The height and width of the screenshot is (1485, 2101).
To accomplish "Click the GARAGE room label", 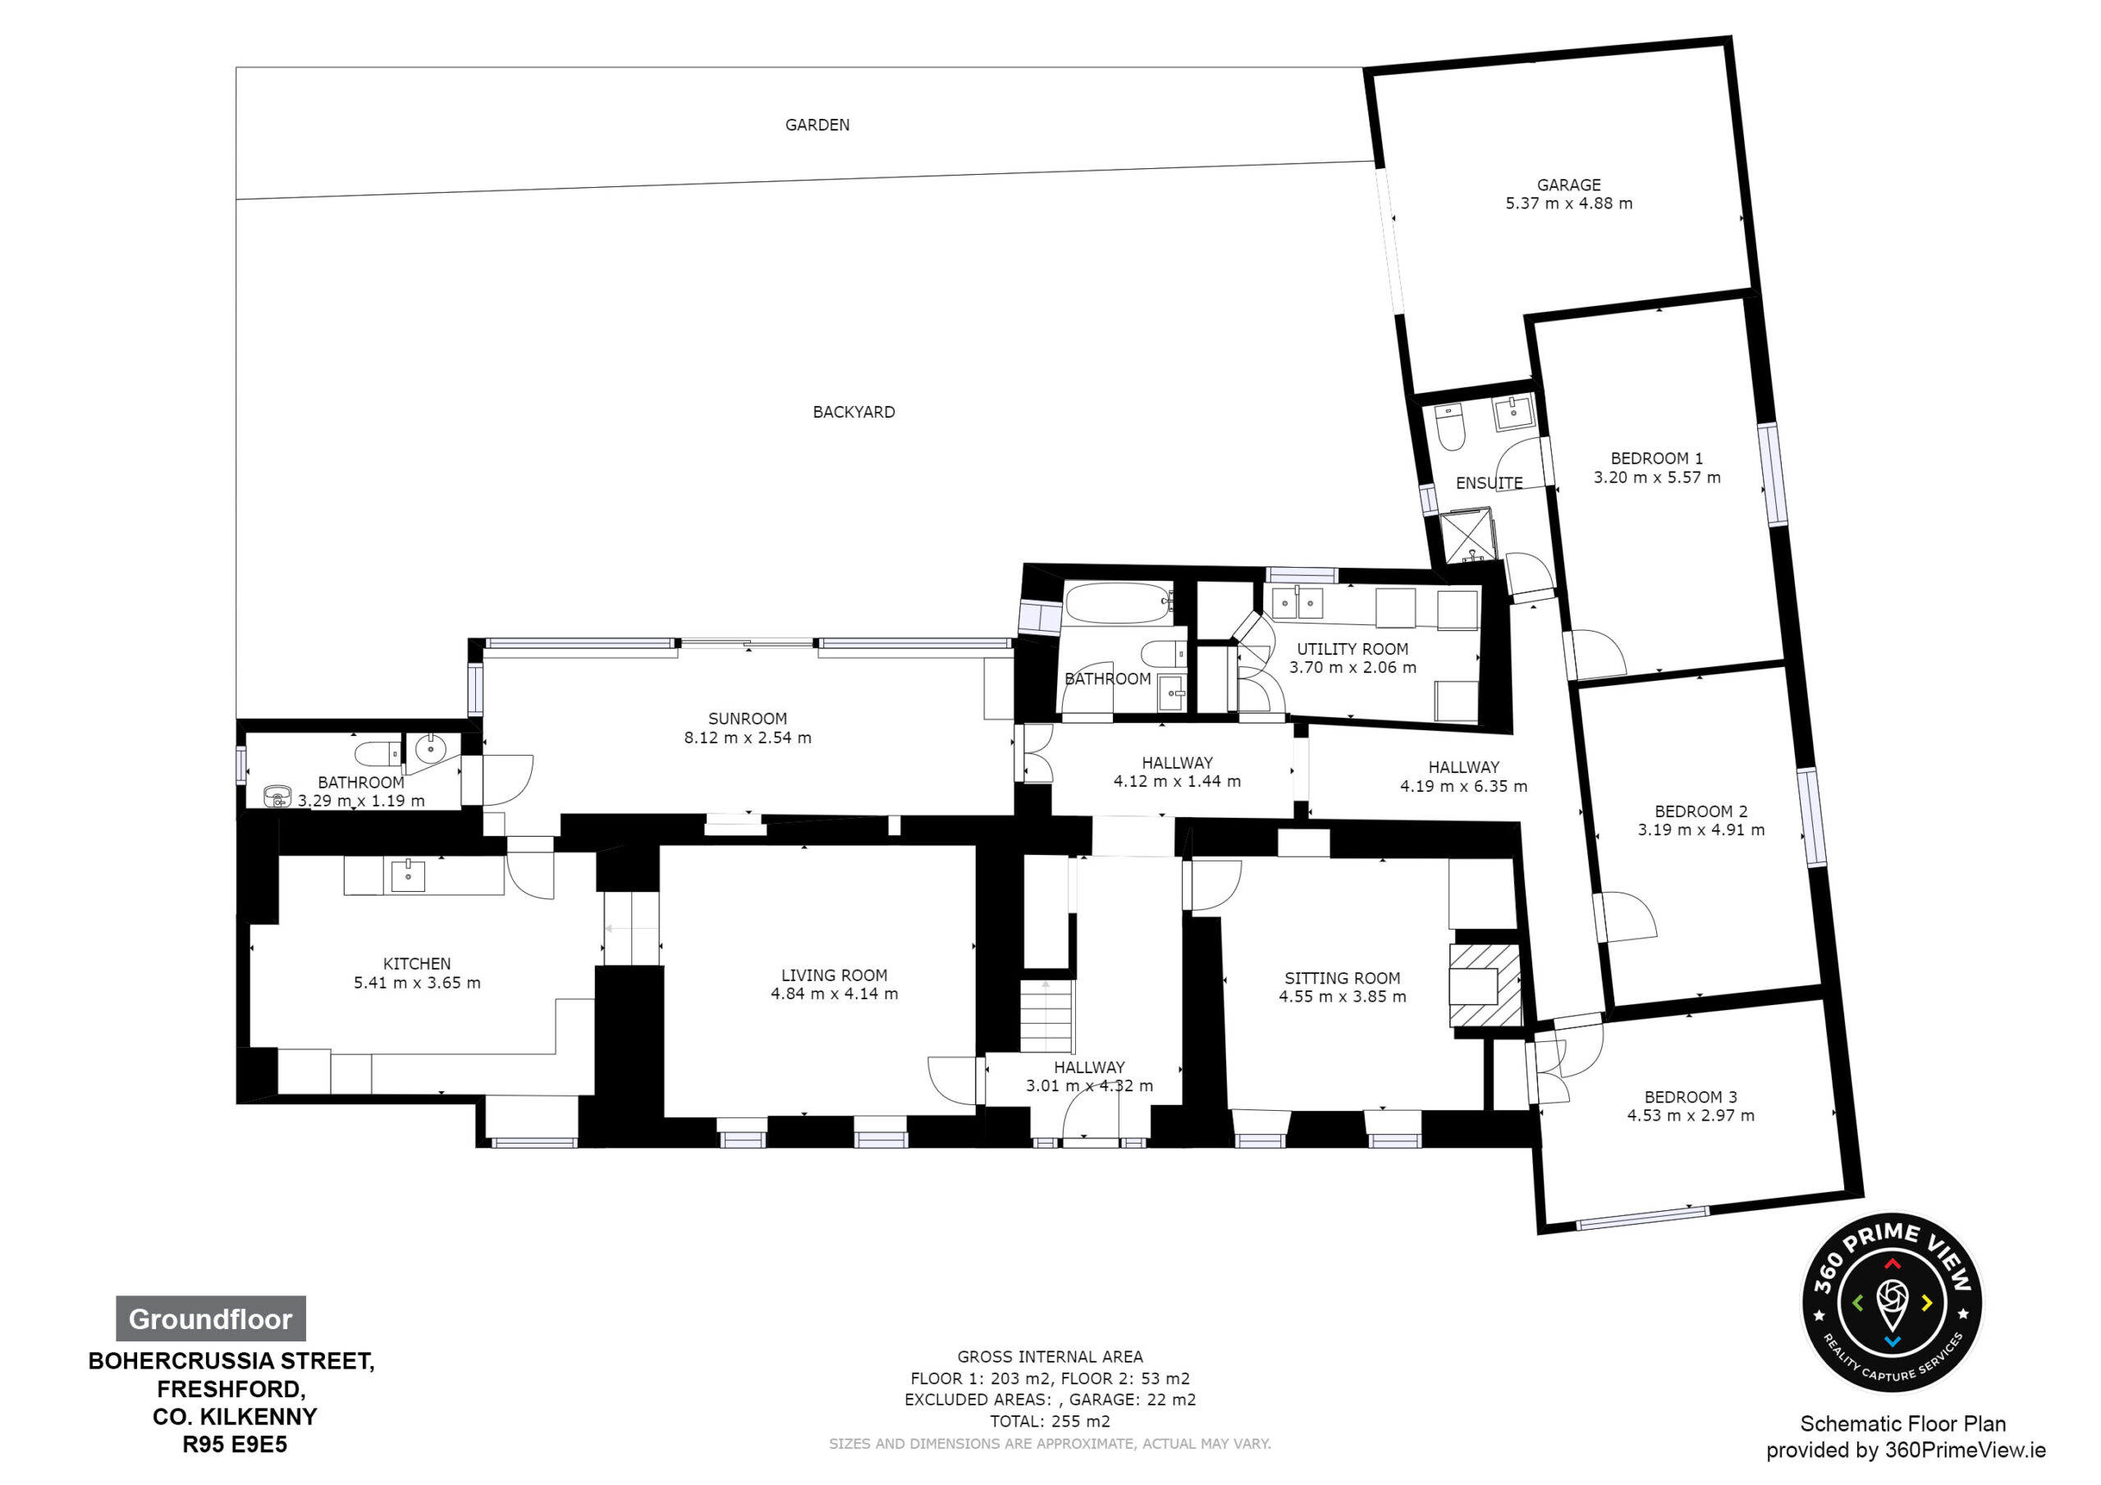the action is [x=1568, y=185].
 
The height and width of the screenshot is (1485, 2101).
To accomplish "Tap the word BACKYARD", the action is [x=854, y=412].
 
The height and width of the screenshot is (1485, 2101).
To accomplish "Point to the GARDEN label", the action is [x=817, y=125].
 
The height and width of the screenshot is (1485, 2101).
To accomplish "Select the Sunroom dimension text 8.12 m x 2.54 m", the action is [x=748, y=738].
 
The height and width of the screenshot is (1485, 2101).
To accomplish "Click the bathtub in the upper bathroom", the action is [x=1119, y=603].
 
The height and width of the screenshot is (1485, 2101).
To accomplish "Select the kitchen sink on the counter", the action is [x=408, y=875].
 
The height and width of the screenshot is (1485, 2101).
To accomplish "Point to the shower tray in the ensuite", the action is [x=1467, y=537].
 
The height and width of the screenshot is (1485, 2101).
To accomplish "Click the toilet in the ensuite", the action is [x=1449, y=427].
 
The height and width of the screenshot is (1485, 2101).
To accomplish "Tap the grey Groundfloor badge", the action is [x=210, y=1318].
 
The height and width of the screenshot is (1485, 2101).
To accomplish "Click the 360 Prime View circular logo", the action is [x=1892, y=1303].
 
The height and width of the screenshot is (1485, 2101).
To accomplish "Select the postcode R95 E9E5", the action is [x=236, y=1445].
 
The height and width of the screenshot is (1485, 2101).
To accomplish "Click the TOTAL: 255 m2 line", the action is [x=1050, y=1421].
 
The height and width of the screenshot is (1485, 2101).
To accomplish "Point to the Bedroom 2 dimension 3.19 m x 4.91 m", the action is [x=1701, y=830].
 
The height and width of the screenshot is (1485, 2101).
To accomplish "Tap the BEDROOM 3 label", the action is [x=1690, y=1097].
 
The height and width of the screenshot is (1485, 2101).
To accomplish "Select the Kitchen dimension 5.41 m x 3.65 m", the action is [x=417, y=983].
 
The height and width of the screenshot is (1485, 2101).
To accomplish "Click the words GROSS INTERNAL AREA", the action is [x=1050, y=1357].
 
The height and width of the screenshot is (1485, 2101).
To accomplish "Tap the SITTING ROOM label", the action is [x=1343, y=978].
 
